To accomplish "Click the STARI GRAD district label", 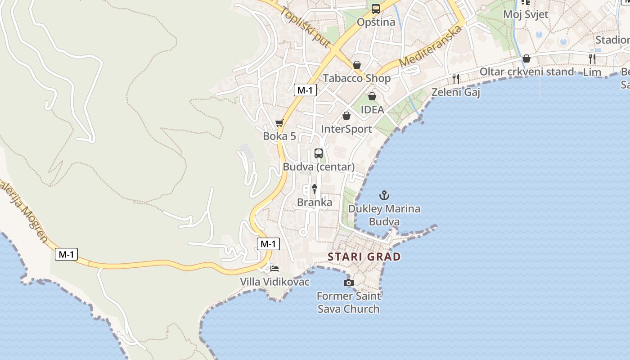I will click(364, 257).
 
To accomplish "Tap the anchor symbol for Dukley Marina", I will click(384, 195).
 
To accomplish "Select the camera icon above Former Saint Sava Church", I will click(348, 283).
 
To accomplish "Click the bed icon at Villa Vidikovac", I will click(274, 269).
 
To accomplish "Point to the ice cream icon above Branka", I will click(315, 189).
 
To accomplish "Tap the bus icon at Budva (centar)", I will click(319, 153).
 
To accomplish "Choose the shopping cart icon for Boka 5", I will click(279, 123).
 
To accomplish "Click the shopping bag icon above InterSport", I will click(346, 116).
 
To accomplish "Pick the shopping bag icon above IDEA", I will click(372, 96).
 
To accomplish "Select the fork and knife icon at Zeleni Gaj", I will click(456, 79).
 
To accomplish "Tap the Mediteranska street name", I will click(431, 46).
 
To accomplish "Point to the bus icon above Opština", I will click(376, 9).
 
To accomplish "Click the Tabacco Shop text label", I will click(357, 78).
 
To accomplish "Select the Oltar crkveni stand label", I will click(526, 72).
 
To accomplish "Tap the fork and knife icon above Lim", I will click(592, 58).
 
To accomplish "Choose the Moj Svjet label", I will click(526, 14).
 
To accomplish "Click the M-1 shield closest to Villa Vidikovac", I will click(268, 244).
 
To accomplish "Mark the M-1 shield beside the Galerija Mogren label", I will click(67, 254).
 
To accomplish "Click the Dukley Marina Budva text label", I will click(384, 215).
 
